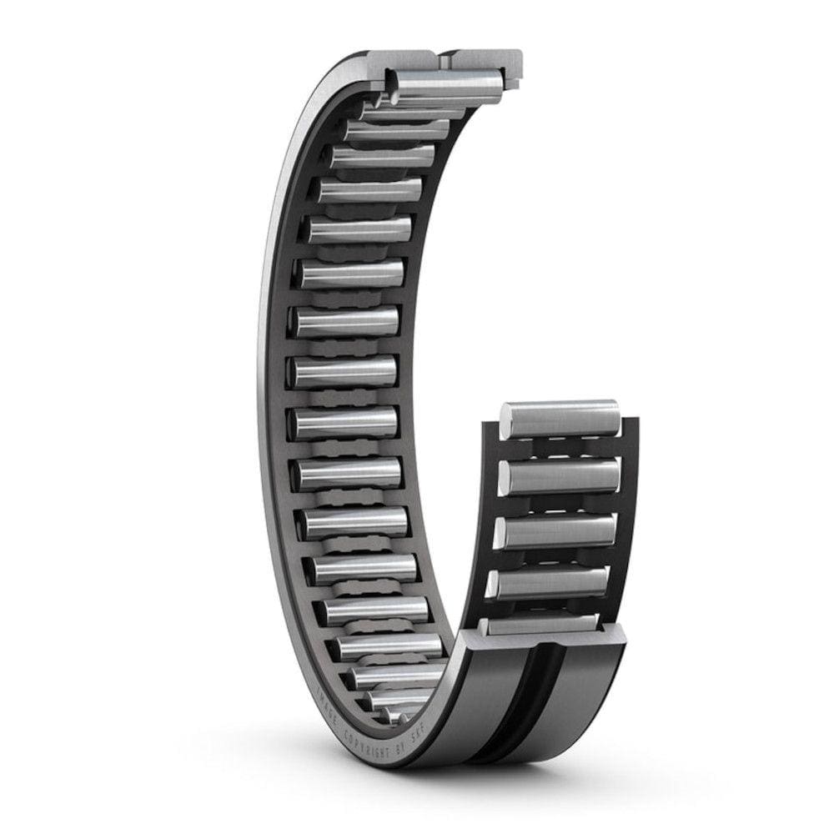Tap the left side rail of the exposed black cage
(x=490, y=517)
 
